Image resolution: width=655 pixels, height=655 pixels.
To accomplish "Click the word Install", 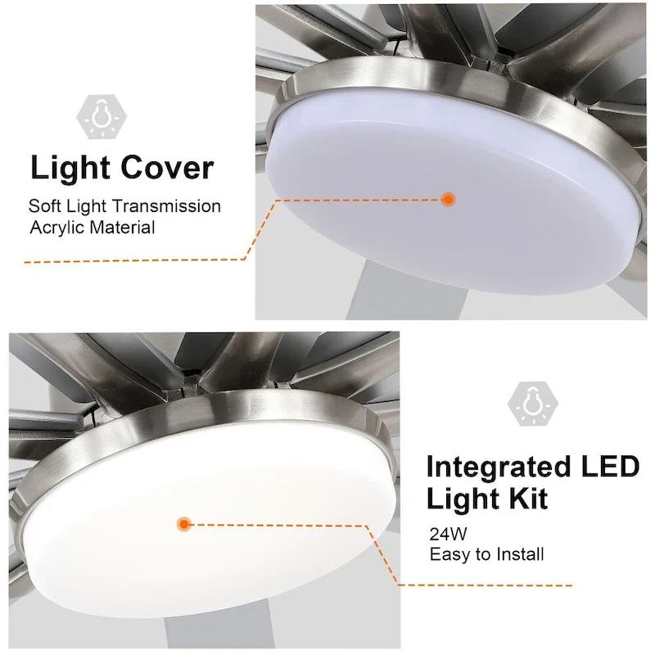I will pos(517,554).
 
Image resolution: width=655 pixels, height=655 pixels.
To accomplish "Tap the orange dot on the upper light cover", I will pos(448,198).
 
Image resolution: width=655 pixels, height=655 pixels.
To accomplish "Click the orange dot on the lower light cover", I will pos(184,522).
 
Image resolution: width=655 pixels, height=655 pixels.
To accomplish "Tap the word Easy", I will pos(449,554).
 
